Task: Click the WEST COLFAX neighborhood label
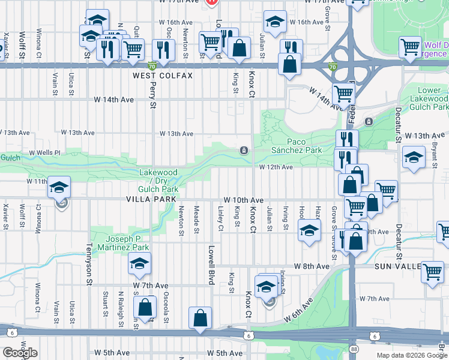coord(163,76)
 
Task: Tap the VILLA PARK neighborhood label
coord(151,199)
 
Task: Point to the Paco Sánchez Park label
coord(297,146)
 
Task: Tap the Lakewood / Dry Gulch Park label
coord(158,181)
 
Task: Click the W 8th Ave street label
coord(312,266)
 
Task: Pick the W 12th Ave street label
coord(276,167)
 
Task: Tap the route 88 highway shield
coord(354,349)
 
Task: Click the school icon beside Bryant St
coord(414,157)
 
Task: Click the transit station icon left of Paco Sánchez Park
coord(244,151)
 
